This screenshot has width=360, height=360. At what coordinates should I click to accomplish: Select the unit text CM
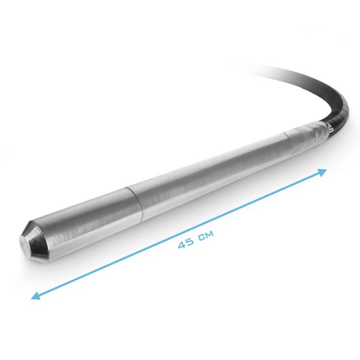[205, 235]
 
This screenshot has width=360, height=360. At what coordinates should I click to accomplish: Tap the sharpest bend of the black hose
[343, 108]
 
